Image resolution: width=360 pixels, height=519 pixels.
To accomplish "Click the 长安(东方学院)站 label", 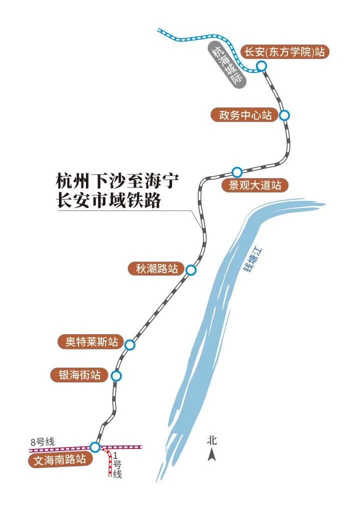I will (285, 52).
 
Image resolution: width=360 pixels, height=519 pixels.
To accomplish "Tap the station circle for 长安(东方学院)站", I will (261, 66).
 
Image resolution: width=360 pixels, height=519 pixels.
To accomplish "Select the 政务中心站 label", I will (244, 114).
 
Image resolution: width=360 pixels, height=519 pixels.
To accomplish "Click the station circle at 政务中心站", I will (284, 115).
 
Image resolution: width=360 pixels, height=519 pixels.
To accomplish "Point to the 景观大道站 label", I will (255, 185).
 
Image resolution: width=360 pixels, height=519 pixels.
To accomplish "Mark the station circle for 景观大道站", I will (237, 172).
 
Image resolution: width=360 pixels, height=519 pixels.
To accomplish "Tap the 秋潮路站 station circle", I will (190, 270).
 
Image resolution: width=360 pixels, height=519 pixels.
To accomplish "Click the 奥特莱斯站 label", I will (88, 342).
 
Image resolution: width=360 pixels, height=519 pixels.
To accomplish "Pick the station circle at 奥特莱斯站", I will (130, 344).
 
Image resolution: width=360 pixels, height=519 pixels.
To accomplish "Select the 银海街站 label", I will (79, 375).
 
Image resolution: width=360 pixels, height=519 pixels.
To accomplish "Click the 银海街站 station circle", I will (116, 376).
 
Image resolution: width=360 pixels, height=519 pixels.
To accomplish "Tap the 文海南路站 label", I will (60, 460).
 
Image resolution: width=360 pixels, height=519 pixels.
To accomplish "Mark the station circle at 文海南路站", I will (95, 447).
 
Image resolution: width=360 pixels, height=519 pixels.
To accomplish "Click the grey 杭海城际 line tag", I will (226, 65).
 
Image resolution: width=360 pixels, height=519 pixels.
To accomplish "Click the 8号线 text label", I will (42, 441).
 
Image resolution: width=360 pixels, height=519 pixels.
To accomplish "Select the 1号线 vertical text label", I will (117, 465).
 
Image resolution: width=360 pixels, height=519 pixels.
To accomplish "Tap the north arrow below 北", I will (212, 454).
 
